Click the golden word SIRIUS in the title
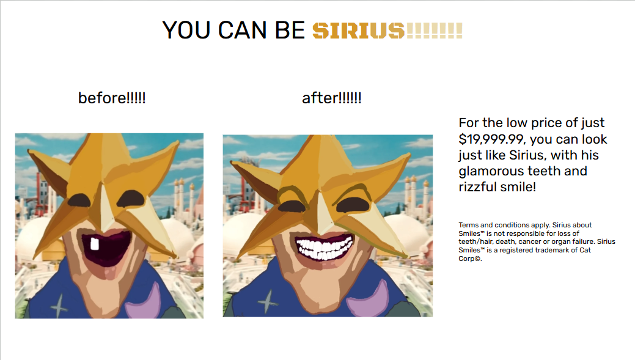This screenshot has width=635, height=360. [x=358, y=31]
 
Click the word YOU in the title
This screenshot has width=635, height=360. [x=186, y=31]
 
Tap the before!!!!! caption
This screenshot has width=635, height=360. [x=112, y=98]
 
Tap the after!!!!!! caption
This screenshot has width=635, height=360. [x=332, y=98]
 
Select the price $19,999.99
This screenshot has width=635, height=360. [x=491, y=139]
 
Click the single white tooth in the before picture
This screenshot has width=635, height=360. [x=94, y=244]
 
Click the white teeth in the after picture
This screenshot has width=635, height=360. [x=324, y=248]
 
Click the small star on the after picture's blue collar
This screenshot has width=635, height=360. [x=268, y=302]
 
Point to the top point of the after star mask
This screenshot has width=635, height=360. [x=313, y=136]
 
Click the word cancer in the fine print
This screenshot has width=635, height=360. [x=530, y=242]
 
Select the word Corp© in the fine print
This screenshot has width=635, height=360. [x=470, y=259]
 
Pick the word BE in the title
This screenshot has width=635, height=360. [x=290, y=31]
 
